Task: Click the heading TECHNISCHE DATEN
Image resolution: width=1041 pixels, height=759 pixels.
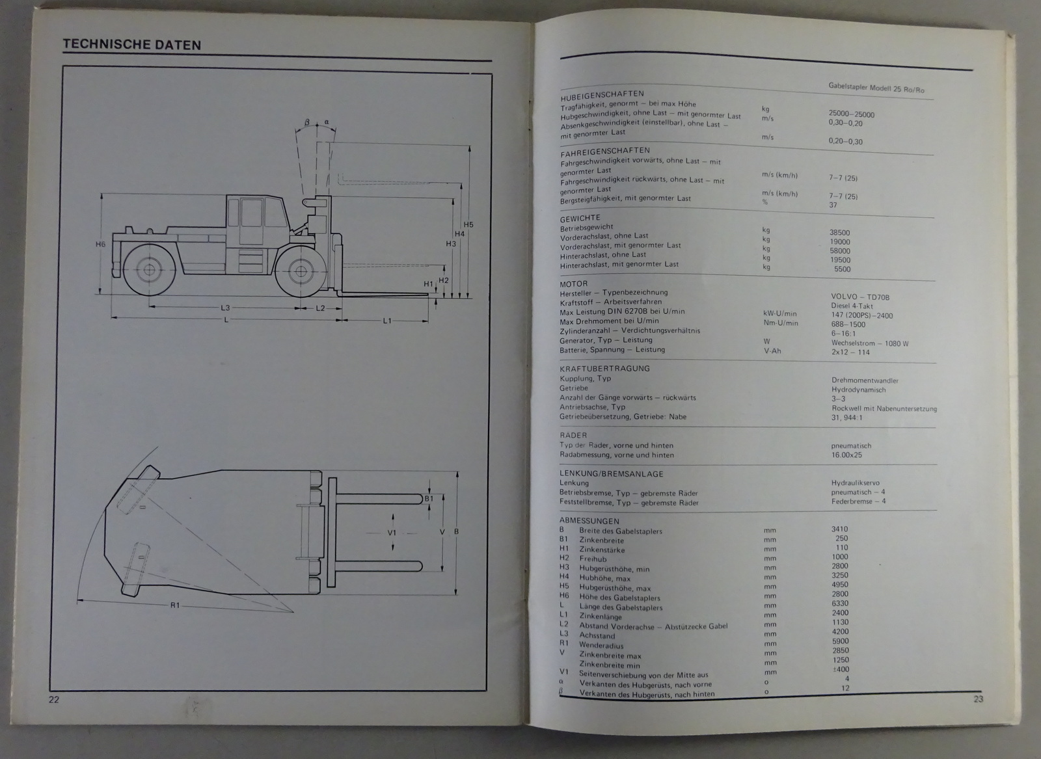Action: tap(131, 45)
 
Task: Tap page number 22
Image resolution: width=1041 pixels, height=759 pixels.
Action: tap(54, 699)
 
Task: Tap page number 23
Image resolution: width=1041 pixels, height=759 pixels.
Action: tap(978, 699)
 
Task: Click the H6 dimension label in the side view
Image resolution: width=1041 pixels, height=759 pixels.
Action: tap(100, 245)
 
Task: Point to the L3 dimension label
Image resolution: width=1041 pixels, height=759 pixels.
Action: tap(225, 307)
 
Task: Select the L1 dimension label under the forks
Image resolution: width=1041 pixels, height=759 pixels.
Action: tap(387, 320)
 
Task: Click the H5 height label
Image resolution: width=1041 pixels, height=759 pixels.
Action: tap(468, 225)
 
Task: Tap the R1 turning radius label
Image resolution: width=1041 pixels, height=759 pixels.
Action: tap(175, 606)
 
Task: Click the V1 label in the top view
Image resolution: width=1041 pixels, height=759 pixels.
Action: tap(392, 532)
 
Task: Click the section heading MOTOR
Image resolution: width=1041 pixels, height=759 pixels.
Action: tap(573, 284)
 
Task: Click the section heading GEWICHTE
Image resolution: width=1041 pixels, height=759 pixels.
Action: tap(580, 218)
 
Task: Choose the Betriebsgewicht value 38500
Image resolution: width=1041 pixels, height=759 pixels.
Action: tap(839, 233)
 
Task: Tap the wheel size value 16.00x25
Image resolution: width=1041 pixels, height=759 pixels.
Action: tap(846, 455)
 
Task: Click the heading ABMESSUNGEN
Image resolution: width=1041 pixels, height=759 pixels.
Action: tap(589, 521)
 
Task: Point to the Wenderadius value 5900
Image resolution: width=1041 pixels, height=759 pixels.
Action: tap(840, 641)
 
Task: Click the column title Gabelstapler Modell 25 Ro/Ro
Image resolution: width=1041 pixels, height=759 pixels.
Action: tap(876, 88)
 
